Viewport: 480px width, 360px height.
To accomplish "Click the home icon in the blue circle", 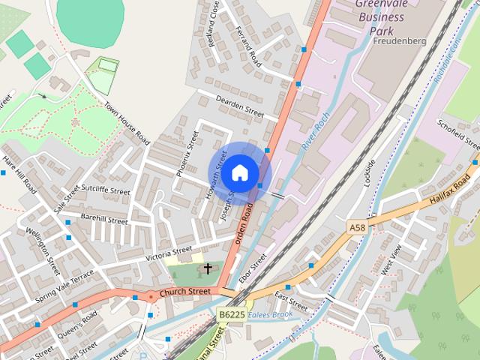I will pos(239,172).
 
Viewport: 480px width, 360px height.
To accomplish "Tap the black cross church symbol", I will pos(208,268).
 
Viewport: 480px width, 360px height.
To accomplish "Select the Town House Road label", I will pos(127,124).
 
